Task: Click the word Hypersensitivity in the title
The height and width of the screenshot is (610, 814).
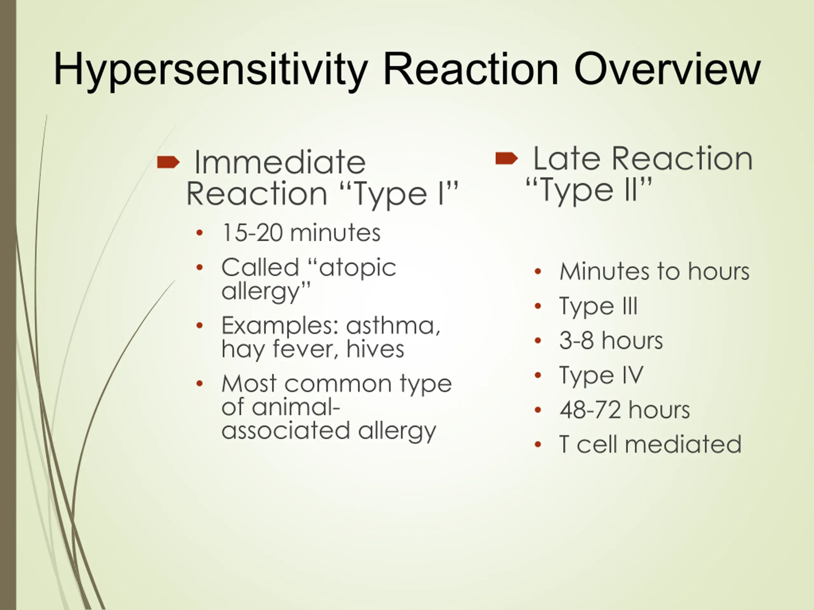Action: click(211, 70)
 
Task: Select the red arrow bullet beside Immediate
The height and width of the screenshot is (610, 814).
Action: click(168, 162)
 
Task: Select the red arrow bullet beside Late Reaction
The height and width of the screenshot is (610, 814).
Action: click(507, 158)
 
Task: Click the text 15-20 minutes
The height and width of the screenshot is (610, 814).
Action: click(301, 233)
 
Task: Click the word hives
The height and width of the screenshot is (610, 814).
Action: click(375, 349)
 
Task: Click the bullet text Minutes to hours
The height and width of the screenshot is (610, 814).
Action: click(654, 271)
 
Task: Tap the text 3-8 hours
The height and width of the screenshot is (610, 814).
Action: click(611, 340)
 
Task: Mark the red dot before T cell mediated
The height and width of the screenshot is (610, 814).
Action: click(538, 444)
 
